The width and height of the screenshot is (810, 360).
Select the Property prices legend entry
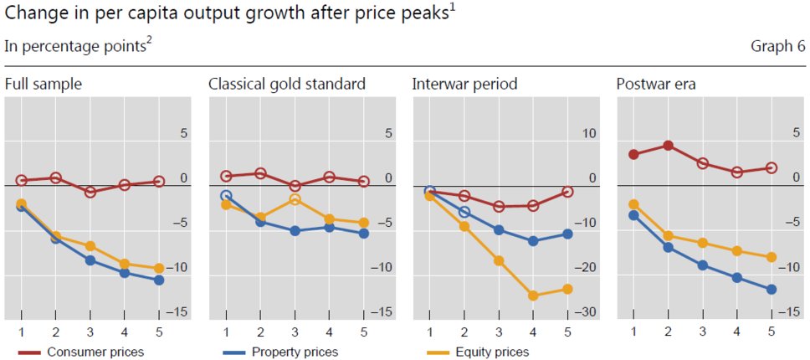(295, 352)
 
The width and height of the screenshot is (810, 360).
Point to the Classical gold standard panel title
(287, 84)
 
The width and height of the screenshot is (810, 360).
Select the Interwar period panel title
(464, 84)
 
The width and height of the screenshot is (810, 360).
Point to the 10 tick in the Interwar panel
(590, 134)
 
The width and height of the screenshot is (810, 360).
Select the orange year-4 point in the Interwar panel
(532, 296)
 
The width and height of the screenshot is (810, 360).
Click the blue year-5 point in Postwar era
(772, 290)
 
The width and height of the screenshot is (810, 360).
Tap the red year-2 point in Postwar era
(668, 145)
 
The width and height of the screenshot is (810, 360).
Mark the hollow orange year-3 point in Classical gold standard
(295, 199)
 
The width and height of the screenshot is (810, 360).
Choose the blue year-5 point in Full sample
(159, 280)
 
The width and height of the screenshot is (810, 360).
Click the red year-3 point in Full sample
(90, 192)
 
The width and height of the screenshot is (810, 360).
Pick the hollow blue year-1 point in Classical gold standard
(226, 196)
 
